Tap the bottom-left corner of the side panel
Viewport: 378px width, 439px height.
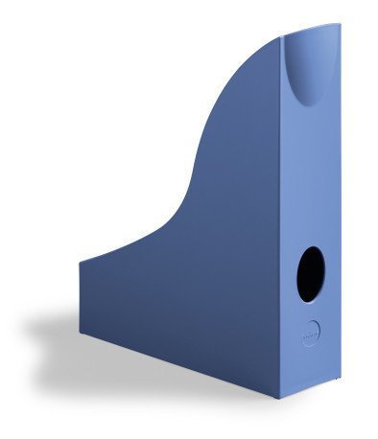pyautogui.click(x=81, y=331)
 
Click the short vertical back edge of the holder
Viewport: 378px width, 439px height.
pyautogui.click(x=81, y=297)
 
